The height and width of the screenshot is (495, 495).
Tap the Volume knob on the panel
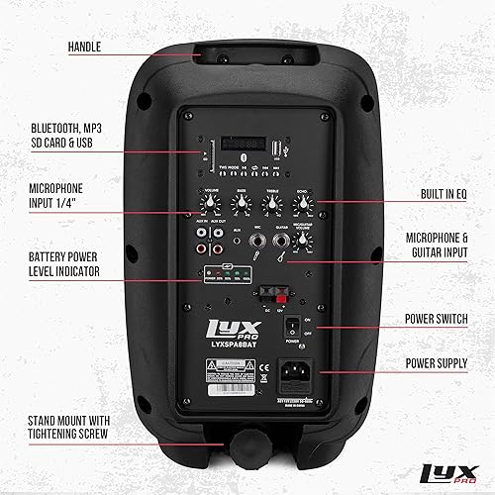(x=211, y=203)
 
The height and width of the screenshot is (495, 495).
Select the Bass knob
(x=241, y=203)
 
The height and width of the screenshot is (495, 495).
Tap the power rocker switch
(x=291, y=326)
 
